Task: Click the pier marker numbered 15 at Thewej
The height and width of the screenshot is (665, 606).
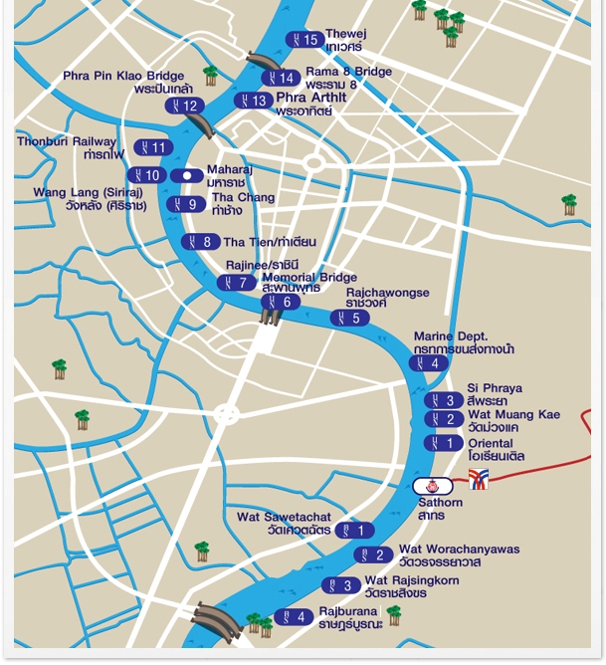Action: (304, 40)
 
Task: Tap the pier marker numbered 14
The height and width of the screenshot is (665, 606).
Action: (281, 78)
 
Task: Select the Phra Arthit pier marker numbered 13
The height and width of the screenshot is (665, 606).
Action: (253, 101)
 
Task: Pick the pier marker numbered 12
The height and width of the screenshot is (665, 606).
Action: (184, 106)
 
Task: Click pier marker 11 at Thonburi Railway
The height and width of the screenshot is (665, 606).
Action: (153, 147)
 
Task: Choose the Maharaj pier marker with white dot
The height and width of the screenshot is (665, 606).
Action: (187, 176)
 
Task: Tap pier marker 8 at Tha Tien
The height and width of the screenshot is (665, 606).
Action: (201, 242)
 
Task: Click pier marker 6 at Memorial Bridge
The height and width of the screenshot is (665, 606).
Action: (280, 303)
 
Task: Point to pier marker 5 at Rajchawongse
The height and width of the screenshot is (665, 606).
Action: (349, 319)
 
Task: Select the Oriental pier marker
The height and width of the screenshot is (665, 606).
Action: (444, 443)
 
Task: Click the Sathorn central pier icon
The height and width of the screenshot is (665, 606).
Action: (433, 486)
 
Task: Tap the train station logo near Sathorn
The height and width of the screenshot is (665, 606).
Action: (479, 479)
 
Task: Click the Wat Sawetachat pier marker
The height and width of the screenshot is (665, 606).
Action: (354, 531)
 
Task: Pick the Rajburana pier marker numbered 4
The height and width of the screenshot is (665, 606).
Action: (294, 617)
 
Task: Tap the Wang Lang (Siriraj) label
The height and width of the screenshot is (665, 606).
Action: (89, 198)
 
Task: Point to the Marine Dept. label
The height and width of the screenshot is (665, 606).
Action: (464, 342)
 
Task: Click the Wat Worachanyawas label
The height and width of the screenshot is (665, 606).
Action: (458, 555)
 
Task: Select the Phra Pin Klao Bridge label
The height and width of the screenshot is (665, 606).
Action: (123, 83)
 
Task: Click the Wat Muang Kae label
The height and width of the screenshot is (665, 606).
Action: (513, 420)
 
